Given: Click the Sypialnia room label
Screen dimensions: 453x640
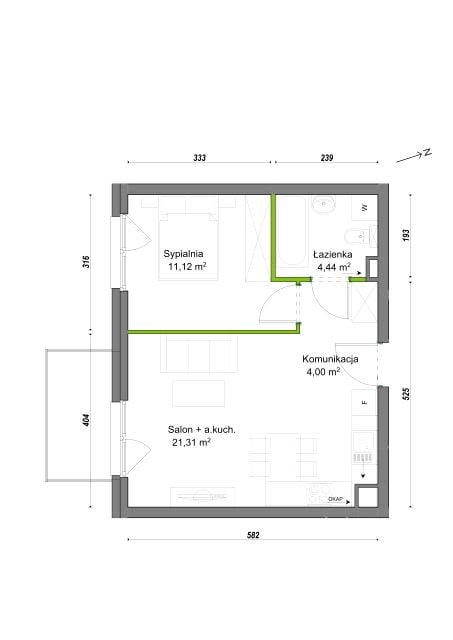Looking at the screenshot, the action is click(183, 253).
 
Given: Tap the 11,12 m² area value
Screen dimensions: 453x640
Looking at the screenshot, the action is click(187, 267).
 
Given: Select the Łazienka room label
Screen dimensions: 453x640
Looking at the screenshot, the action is click(333, 254).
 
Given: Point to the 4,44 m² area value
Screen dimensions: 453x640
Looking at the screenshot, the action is click(334, 267).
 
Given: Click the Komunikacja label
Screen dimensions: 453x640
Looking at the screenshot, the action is click(330, 359).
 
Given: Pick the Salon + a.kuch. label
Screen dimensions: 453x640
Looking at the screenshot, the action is click(201, 429).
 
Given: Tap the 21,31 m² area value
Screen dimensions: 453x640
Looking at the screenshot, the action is click(191, 442).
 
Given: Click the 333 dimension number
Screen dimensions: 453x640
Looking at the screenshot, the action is click(200, 158).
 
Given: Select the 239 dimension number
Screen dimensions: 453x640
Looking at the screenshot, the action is click(327, 158).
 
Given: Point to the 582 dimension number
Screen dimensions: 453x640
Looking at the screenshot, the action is click(253, 535).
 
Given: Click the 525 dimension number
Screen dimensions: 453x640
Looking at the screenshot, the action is click(406, 393).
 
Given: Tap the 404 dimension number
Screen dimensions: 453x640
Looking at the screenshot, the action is click(86, 420).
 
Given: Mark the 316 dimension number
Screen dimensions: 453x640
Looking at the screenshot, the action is click(86, 262).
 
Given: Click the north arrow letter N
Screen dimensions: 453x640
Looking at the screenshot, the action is click(427, 153).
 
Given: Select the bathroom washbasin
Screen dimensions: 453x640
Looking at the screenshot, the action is click(324, 204).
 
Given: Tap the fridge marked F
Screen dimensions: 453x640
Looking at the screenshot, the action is click(364, 402).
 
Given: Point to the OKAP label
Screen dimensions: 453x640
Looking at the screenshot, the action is click(335, 499).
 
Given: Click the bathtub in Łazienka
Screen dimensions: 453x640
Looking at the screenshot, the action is click(291, 231).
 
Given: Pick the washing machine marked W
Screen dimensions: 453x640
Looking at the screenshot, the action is click(364, 208).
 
